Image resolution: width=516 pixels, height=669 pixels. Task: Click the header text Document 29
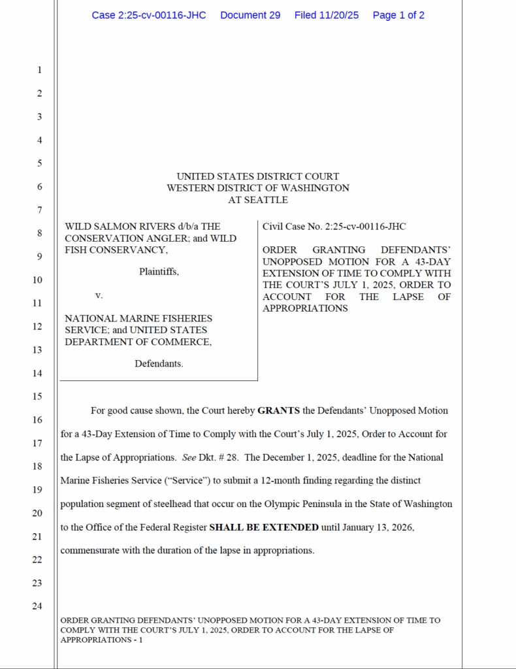pyautogui.click(x=250, y=15)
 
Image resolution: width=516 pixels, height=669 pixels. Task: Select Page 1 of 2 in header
pyautogui.click(x=398, y=15)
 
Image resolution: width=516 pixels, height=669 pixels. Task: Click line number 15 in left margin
pyautogui.click(x=37, y=397)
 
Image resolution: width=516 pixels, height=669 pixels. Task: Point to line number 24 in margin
pyautogui.click(x=37, y=606)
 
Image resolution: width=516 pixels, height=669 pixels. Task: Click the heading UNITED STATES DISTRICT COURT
pyautogui.click(x=258, y=176)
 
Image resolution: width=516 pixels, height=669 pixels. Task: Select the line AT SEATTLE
pyautogui.click(x=258, y=200)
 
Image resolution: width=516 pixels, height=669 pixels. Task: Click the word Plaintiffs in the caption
pyautogui.click(x=159, y=272)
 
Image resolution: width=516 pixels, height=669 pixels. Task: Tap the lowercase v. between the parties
pyautogui.click(x=99, y=295)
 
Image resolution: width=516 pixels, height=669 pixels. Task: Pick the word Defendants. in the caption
pyautogui.click(x=159, y=364)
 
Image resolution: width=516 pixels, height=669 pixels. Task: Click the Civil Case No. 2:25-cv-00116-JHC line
pyautogui.click(x=334, y=227)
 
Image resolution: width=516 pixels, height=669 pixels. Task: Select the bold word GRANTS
pyautogui.click(x=278, y=411)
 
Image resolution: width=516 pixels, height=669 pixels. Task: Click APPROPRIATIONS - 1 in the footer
pyautogui.click(x=101, y=640)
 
